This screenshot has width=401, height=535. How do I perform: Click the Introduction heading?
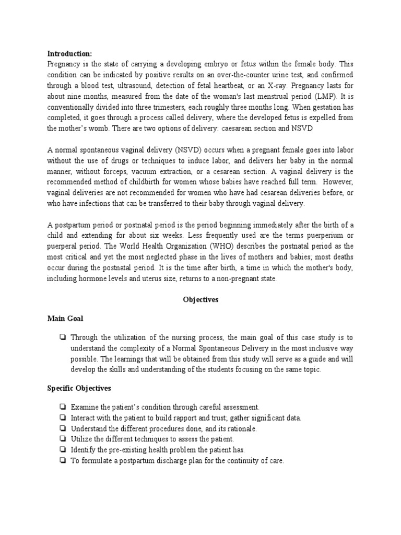tap(69, 54)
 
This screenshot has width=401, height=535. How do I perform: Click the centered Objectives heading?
tap(200, 300)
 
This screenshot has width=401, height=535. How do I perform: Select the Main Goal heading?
tap(65, 318)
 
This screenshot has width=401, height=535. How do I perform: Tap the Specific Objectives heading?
tap(79, 388)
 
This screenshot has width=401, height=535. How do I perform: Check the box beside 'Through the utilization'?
tap(63, 337)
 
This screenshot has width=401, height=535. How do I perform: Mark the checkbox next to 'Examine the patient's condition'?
tap(63, 407)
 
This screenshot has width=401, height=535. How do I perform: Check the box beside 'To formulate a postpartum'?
tap(63, 461)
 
